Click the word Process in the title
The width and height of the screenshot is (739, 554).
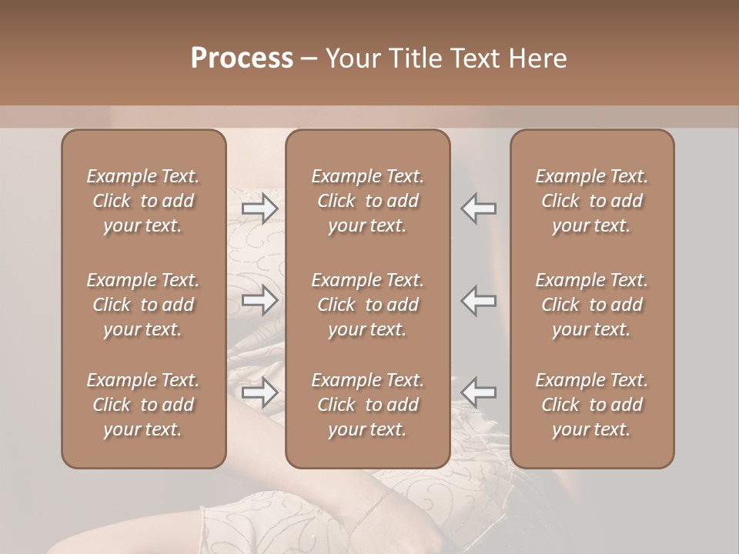242,58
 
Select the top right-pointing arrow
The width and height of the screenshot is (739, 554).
260,209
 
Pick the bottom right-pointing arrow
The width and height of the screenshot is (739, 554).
260,392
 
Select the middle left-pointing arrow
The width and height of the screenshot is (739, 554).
479,300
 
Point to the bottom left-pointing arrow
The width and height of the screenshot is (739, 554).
479,392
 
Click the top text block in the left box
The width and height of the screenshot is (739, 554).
143,201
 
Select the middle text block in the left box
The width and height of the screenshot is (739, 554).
143,305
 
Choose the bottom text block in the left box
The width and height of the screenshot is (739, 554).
143,405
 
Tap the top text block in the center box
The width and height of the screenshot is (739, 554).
368,201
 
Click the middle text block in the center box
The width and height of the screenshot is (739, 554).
368,305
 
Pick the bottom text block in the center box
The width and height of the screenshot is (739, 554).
368,405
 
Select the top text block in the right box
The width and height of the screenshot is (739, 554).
592,201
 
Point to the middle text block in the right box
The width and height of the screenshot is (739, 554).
592,305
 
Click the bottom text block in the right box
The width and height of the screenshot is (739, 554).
592,405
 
